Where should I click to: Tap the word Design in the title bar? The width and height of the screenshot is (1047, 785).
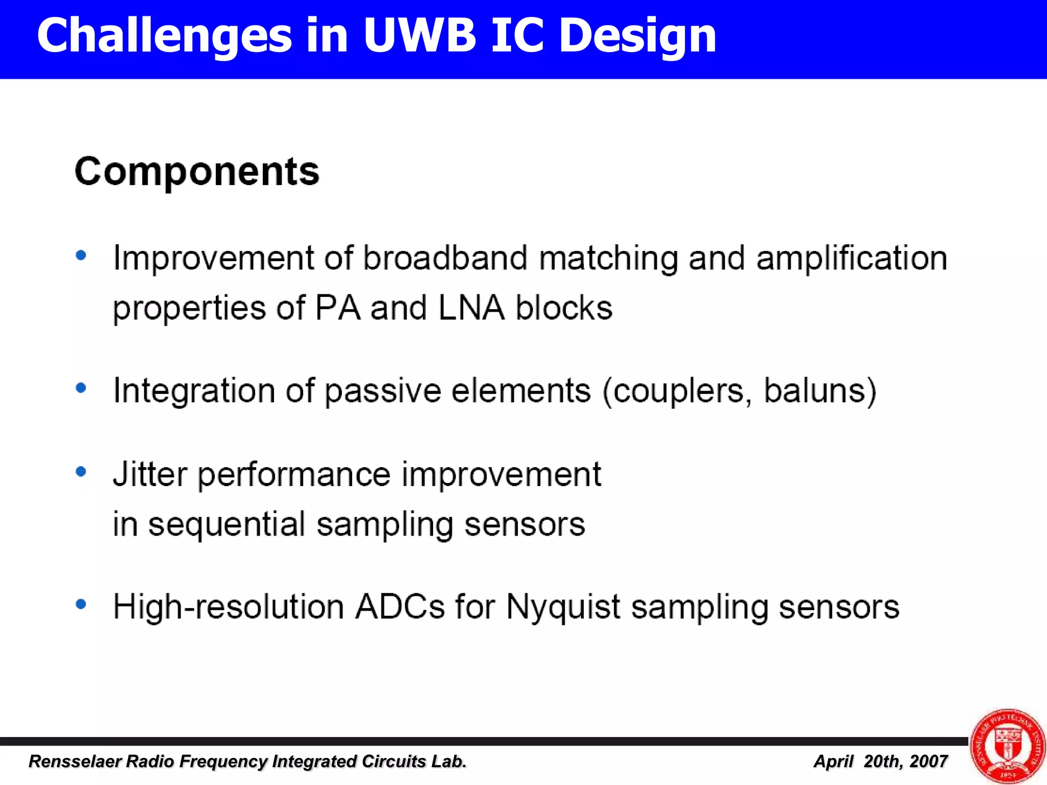pyautogui.click(x=638, y=36)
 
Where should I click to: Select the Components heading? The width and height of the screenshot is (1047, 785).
pyautogui.click(x=197, y=171)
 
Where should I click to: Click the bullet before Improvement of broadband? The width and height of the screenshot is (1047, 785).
pyautogui.click(x=81, y=255)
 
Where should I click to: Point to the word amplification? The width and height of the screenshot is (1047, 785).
pyautogui.click(x=852, y=258)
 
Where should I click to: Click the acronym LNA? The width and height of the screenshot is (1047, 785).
pyautogui.click(x=471, y=308)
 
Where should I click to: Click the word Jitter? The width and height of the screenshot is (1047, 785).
pyautogui.click(x=150, y=474)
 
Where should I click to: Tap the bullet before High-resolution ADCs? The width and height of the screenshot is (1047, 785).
pyautogui.click(x=81, y=605)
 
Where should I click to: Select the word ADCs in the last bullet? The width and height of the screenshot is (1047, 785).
pyautogui.click(x=400, y=607)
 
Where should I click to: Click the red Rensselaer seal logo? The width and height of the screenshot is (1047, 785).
pyautogui.click(x=1008, y=746)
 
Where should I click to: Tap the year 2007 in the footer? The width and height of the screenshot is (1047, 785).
pyautogui.click(x=929, y=761)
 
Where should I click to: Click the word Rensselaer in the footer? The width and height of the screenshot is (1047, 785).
pyautogui.click(x=75, y=761)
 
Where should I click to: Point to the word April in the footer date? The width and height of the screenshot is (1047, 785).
pyautogui.click(x=833, y=761)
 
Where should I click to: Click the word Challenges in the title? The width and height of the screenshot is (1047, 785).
pyautogui.click(x=164, y=36)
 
